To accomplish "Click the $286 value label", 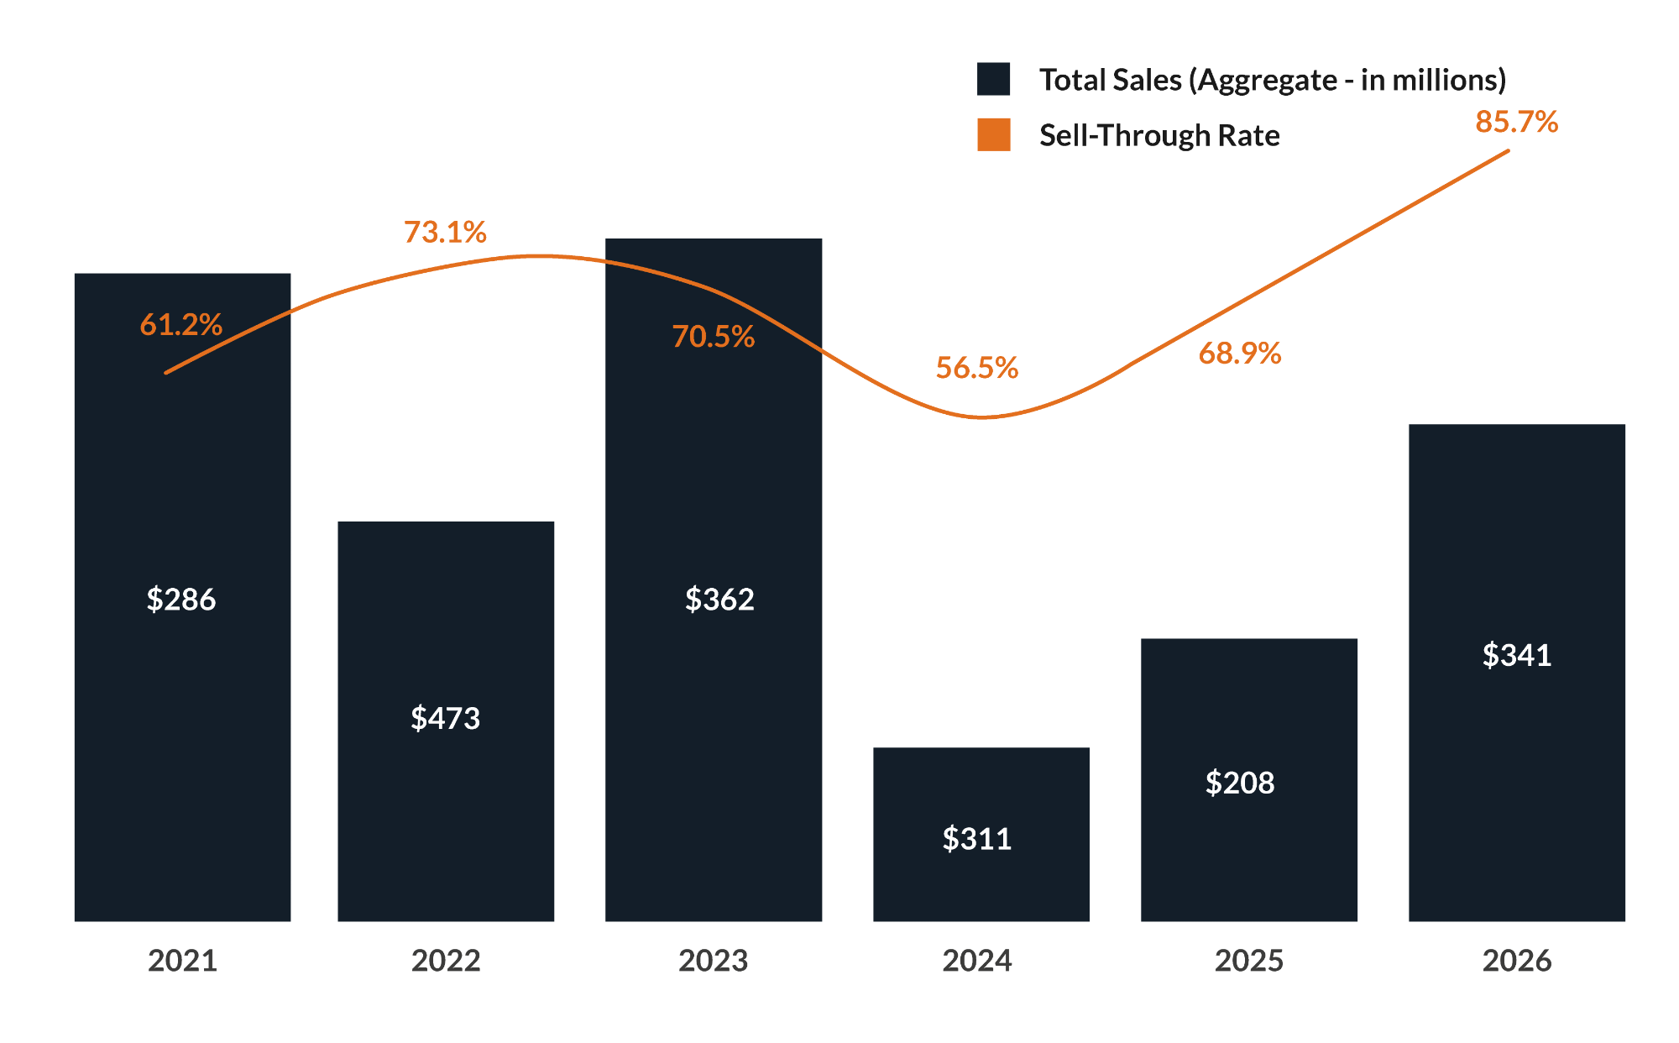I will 181,600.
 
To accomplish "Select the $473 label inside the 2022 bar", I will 445,718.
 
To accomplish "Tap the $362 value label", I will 719,600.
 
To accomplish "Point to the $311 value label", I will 977,839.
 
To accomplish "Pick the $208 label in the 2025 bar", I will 1240,783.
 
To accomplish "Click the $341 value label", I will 1516,655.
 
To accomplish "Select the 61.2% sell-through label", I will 180,324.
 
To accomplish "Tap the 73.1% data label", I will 445,232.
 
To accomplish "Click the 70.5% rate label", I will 714,337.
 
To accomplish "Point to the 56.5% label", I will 977,368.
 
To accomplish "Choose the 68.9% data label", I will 1240,354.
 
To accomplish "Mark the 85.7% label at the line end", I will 1516,122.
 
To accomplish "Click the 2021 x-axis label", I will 182,960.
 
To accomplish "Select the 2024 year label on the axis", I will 977,960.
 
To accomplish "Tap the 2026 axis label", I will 1516,960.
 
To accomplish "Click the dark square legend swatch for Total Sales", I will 993,79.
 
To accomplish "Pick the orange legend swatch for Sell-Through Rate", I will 993,134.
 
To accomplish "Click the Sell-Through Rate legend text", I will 1159,135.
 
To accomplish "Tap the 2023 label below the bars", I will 713,960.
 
